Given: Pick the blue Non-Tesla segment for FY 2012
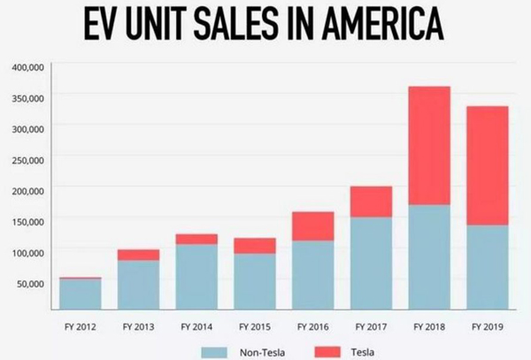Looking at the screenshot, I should (80, 295).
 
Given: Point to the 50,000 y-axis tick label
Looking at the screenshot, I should (30, 283).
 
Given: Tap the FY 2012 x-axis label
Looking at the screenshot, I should (80, 326).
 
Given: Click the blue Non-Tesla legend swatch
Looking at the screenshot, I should (218, 353).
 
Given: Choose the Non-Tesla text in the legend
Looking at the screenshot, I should (263, 353).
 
